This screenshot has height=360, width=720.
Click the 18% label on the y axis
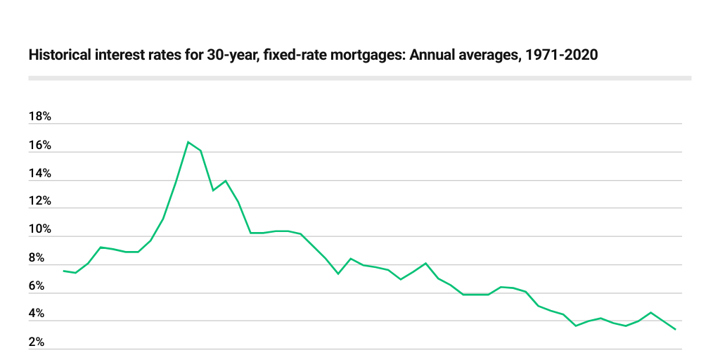39,117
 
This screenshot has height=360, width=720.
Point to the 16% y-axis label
39,146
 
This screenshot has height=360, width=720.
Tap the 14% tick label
39,174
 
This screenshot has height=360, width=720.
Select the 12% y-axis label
39,201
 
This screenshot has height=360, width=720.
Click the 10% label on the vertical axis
39,230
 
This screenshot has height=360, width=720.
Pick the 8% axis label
37,259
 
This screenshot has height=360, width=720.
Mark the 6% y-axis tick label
37,287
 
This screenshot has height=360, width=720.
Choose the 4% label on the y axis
37,314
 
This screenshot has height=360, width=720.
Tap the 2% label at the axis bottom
37,343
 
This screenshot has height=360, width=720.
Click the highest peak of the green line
188,142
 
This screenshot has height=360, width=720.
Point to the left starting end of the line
63,271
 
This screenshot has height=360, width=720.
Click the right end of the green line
676,329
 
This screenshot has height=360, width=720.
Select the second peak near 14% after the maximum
226,181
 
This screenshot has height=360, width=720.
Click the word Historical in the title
58,56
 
